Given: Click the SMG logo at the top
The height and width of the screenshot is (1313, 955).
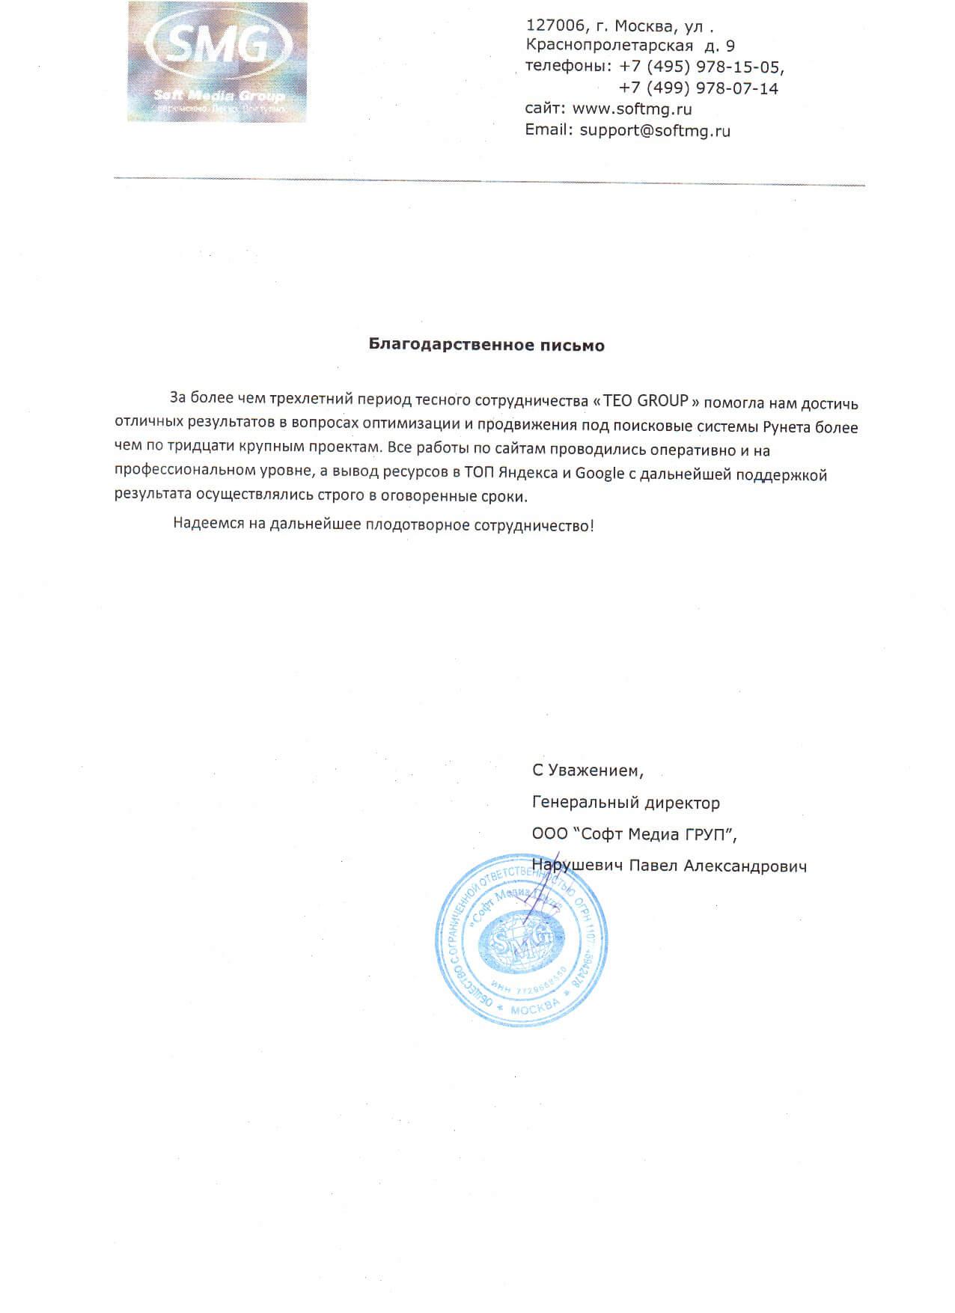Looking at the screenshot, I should coord(216,61).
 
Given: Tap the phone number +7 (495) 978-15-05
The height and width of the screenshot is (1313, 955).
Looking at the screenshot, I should coord(701,67).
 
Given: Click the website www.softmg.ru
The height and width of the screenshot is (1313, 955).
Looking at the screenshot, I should coord(632,109).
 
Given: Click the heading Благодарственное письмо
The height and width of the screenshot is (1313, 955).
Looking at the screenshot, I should coord(486,346).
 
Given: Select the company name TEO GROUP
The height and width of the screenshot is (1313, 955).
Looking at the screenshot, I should coord(645,399).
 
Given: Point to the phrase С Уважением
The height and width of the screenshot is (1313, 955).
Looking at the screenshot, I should coord(588,770).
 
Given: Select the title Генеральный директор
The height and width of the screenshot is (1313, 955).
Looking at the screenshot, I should coord(626,803).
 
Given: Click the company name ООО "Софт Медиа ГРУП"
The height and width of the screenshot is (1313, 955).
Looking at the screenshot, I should coord(638,834).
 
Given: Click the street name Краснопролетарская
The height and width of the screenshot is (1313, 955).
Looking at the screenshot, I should coord(610,46).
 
